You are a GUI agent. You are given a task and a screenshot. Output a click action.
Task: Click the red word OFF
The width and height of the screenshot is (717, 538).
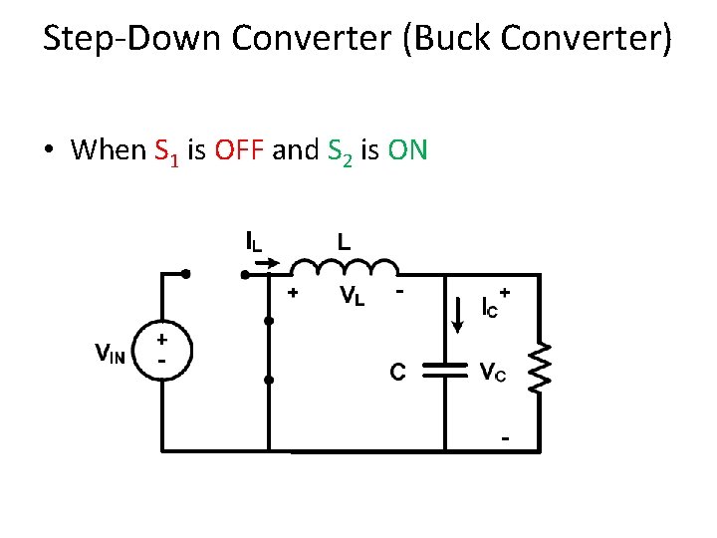tap(238, 150)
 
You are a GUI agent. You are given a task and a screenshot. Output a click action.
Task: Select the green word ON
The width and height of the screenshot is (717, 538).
tap(407, 150)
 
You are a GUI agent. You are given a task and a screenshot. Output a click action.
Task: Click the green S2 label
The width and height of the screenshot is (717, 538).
tap(338, 152)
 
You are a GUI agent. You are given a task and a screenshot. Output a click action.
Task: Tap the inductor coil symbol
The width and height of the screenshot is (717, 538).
tap(343, 265)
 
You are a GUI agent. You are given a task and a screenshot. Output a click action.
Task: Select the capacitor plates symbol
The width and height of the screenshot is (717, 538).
tap(445, 371)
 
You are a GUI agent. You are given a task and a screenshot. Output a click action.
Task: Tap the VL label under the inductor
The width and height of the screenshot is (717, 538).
tap(353, 295)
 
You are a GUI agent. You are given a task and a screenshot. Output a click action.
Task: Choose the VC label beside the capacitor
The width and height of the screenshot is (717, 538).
tap(493, 373)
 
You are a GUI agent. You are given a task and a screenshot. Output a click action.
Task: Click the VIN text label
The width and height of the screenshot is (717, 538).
tap(110, 353)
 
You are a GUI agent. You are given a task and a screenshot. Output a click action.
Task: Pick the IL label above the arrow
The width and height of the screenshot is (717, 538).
tap(256, 240)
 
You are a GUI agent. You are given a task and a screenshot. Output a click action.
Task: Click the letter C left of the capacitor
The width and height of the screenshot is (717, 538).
tap(397, 372)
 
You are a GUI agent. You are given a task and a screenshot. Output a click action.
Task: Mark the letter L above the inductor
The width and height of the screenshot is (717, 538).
tap(344, 240)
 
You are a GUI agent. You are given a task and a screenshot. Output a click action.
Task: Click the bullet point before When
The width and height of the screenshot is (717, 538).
tap(48, 151)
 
